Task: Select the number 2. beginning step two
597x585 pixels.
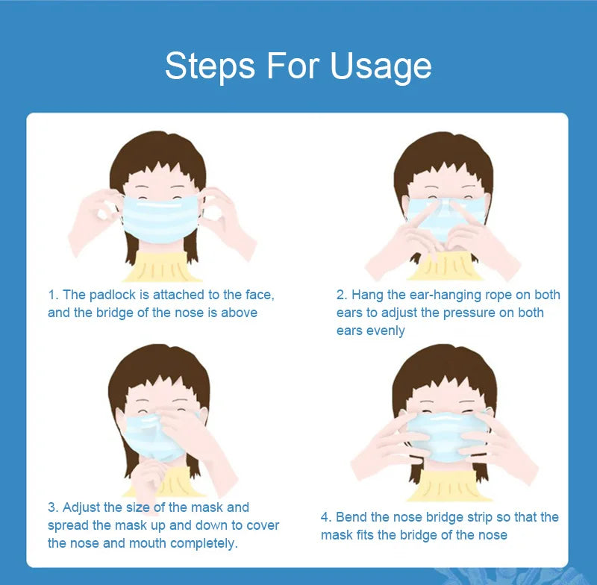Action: point(342,295)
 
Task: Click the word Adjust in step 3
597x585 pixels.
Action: point(83,507)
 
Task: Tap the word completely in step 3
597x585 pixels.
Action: point(203,543)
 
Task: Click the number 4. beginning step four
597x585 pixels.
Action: point(326,517)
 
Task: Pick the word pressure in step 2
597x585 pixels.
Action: point(472,313)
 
